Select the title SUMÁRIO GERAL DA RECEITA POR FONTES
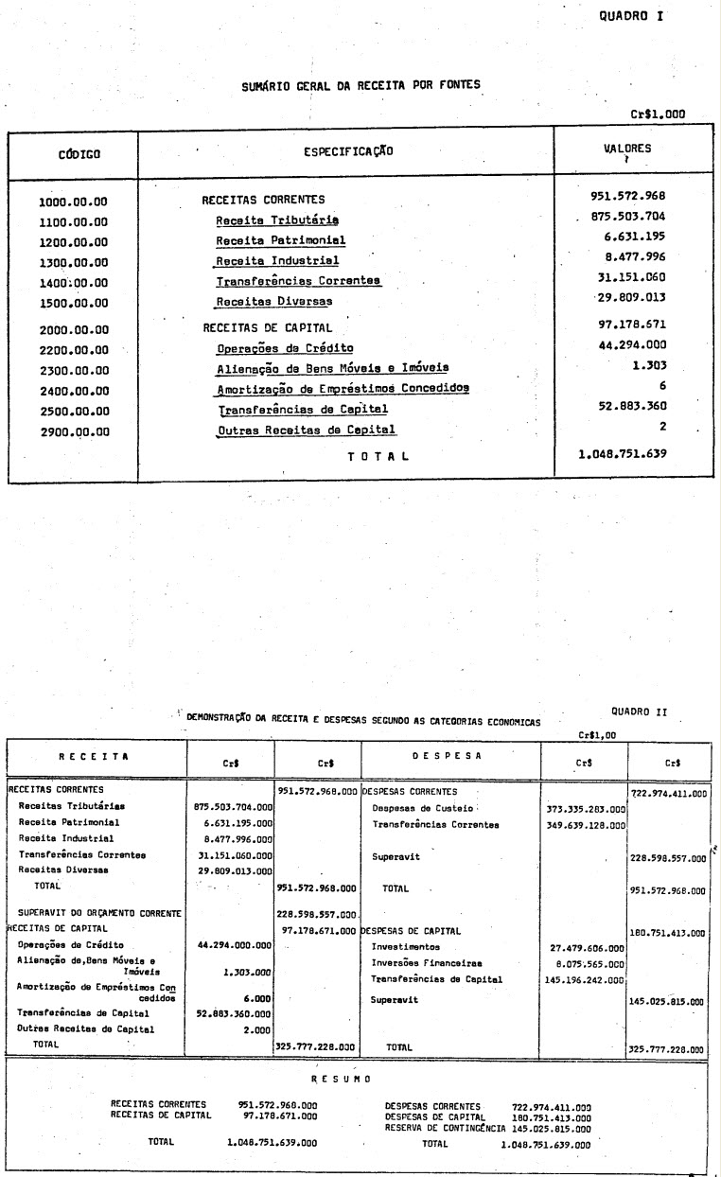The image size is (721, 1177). click(360, 84)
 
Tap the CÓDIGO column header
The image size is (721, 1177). click(73, 152)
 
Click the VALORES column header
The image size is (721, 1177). click(626, 149)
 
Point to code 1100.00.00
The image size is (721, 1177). click(74, 220)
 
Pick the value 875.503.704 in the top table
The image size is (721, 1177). click(633, 217)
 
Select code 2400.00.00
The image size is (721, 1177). click(74, 390)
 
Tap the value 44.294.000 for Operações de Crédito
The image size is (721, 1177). click(640, 345)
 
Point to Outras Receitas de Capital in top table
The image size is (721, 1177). click(306, 430)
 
